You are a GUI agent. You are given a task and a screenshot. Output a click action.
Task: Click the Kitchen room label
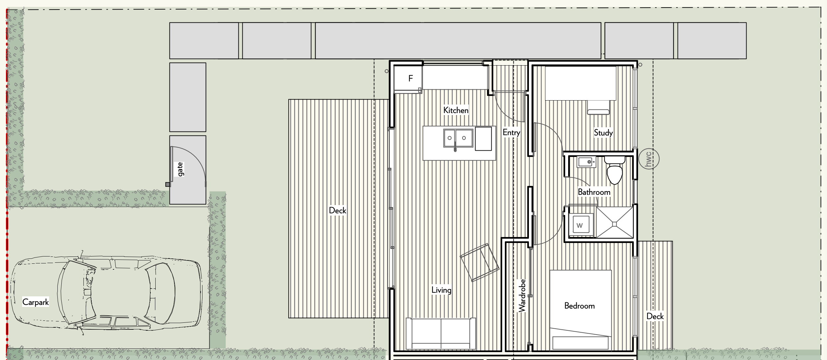(x=456, y=110)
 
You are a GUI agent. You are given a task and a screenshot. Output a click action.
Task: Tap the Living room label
(x=441, y=290)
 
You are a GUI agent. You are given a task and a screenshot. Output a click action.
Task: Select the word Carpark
(x=36, y=302)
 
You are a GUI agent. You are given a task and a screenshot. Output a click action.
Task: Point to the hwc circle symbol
(x=649, y=159)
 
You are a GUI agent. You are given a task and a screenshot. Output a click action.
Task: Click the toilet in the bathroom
(x=615, y=171)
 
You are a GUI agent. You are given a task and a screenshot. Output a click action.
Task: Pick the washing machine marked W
(x=581, y=225)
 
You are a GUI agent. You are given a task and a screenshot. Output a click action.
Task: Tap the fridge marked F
(x=408, y=78)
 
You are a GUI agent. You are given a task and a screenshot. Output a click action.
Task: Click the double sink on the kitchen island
(x=458, y=138)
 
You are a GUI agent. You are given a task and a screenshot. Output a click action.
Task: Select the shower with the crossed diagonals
(x=615, y=223)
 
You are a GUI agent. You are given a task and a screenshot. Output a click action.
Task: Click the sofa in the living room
(x=441, y=334)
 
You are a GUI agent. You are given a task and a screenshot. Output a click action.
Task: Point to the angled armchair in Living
(x=480, y=262)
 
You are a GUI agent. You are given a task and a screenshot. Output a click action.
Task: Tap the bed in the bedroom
(x=581, y=310)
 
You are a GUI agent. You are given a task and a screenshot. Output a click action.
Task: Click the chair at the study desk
(x=598, y=107)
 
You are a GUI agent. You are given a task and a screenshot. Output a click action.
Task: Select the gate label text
(x=180, y=169)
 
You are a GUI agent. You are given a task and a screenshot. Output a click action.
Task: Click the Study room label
(x=603, y=133)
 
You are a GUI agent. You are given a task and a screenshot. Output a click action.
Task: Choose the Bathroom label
(x=594, y=192)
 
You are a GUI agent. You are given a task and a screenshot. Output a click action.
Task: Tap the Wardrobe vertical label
(x=522, y=296)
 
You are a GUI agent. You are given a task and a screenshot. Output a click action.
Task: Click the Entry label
(x=511, y=133)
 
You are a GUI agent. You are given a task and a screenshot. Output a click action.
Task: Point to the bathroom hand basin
(x=587, y=162)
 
